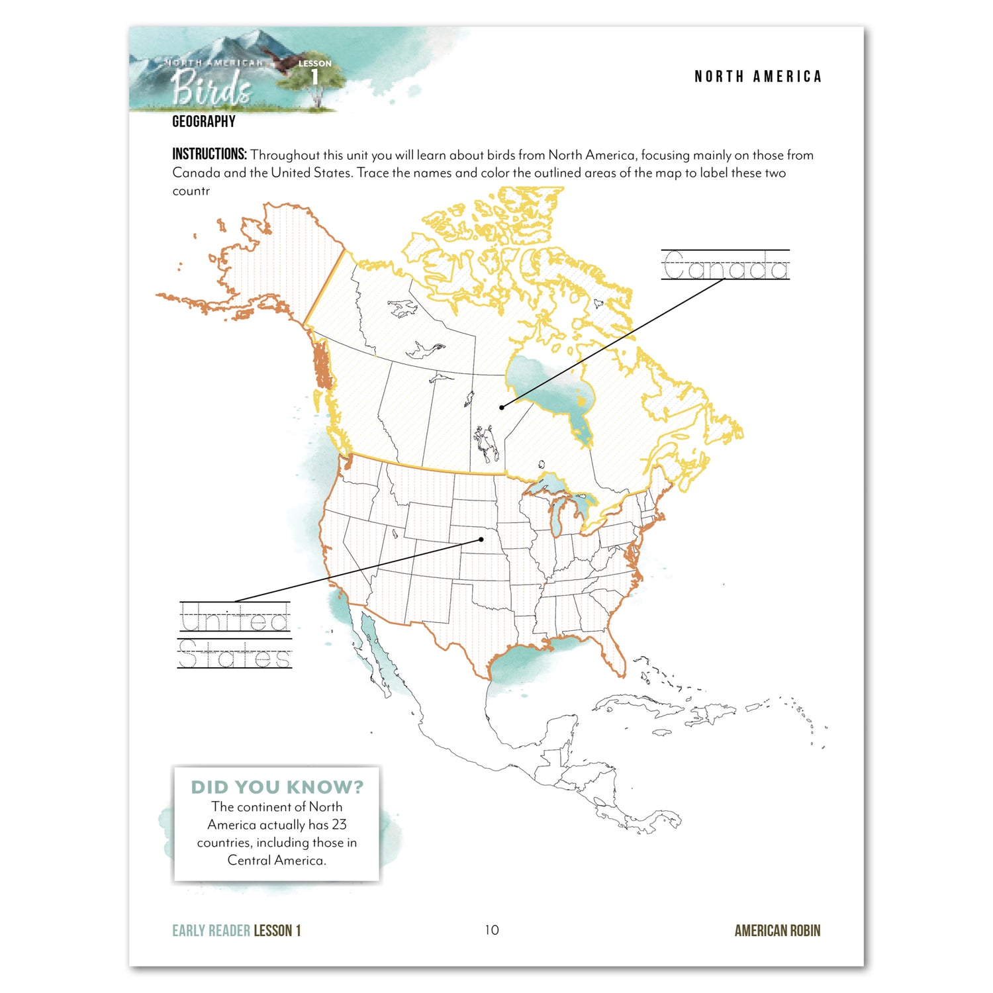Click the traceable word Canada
(x=725, y=266)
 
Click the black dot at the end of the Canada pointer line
(x=502, y=407)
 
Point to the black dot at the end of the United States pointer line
(x=481, y=540)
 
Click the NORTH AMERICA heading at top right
(x=757, y=77)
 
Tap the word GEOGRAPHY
(x=204, y=122)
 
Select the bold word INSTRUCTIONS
(x=209, y=154)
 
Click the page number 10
(x=491, y=930)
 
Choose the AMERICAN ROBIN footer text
(x=777, y=931)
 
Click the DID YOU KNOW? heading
(x=277, y=787)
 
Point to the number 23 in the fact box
(x=339, y=825)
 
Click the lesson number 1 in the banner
(x=314, y=78)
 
